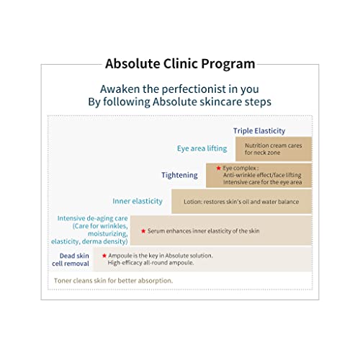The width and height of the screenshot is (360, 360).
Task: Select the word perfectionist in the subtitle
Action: click(194, 90)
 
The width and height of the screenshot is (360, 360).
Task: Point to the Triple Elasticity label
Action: click(259, 131)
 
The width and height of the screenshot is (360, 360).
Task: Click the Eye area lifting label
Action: click(202, 148)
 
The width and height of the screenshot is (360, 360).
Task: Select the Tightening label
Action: click(179, 175)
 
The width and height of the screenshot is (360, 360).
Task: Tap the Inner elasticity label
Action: click(138, 201)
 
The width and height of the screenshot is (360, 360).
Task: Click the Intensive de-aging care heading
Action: click(92, 219)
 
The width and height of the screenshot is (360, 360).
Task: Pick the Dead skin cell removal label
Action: click(71, 259)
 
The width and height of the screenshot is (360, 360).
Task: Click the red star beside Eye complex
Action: click(218, 168)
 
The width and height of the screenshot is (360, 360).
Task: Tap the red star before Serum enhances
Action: click(143, 231)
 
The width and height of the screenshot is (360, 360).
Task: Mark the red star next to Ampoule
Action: click(104, 256)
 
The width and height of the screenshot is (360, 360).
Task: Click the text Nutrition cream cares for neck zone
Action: click(274, 149)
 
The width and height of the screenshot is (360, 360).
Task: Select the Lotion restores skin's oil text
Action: click(241, 202)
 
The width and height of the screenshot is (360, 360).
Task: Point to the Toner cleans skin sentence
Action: click(113, 281)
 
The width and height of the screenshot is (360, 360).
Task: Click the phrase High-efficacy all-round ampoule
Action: click(150, 263)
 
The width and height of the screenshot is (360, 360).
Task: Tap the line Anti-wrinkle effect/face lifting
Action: click(262, 175)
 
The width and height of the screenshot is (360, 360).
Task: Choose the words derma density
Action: click(104, 241)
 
